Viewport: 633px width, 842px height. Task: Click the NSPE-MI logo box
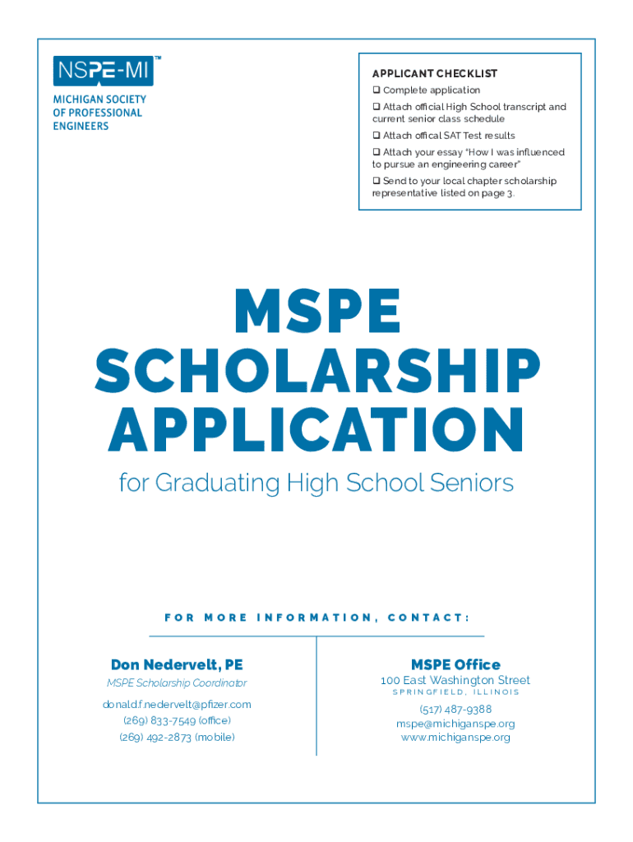tap(103, 72)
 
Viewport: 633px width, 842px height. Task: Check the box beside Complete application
tap(377, 90)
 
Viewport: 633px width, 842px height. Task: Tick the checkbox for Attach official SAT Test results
tap(377, 136)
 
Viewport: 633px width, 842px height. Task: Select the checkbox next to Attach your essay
tap(377, 153)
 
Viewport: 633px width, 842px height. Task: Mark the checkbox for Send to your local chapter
tap(377, 181)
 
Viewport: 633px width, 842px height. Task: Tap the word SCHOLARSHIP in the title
tap(316, 372)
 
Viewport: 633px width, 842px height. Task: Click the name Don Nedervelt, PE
tap(177, 664)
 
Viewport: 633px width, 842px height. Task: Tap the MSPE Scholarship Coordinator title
tap(177, 683)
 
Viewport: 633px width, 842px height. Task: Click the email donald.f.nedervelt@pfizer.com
tap(177, 705)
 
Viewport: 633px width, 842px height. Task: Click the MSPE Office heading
tap(455, 664)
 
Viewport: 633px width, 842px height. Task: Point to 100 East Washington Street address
tap(455, 681)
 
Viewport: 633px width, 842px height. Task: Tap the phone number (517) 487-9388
tap(455, 710)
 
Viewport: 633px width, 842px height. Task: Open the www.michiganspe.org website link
tap(455, 738)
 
